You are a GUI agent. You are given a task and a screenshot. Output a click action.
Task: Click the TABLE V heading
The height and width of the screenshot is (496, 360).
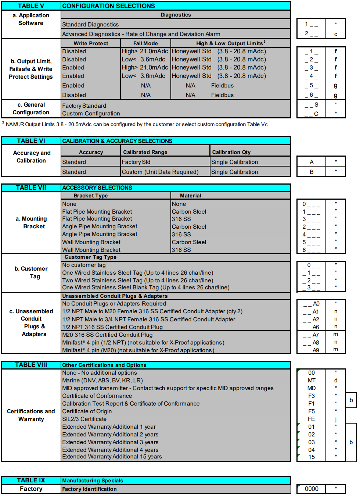31,6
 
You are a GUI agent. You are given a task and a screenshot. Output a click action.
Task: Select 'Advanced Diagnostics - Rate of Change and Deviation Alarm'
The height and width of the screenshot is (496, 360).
141,34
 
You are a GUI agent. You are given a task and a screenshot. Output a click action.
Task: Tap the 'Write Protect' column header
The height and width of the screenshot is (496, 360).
91,43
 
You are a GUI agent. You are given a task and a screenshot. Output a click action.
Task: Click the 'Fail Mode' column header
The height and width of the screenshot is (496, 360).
145,43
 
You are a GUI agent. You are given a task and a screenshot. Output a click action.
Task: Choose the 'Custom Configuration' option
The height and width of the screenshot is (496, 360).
91,114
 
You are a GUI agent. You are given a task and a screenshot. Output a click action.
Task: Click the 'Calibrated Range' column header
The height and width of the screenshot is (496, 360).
145,152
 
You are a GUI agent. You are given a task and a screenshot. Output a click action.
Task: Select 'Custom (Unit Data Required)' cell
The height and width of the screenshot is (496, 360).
160,172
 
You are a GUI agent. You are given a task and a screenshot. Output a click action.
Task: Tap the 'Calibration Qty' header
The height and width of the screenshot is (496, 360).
231,152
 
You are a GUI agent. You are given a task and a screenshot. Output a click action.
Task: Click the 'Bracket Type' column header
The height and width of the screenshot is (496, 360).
91,196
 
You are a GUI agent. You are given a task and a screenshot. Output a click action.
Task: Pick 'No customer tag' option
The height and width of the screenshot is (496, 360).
84,265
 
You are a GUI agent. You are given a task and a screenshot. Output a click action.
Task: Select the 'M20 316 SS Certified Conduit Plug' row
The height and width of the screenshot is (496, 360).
107,335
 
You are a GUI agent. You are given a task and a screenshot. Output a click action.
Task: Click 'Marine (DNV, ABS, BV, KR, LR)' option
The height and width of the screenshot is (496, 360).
102,381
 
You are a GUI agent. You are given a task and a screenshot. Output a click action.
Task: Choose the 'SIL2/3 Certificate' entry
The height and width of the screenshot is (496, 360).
84,419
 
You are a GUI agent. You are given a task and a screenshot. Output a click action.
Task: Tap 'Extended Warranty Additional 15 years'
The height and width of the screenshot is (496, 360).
112,457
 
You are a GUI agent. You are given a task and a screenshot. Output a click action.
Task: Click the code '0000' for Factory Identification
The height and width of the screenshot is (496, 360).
312,489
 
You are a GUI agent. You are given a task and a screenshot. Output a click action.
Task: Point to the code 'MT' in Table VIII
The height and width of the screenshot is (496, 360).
312,381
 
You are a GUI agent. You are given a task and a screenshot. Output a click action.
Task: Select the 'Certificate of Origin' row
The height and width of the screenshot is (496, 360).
87,411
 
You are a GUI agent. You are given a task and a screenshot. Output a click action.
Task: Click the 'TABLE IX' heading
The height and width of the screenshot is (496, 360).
31,480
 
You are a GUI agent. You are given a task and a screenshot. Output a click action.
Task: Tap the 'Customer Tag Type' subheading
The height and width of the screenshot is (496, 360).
90,257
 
